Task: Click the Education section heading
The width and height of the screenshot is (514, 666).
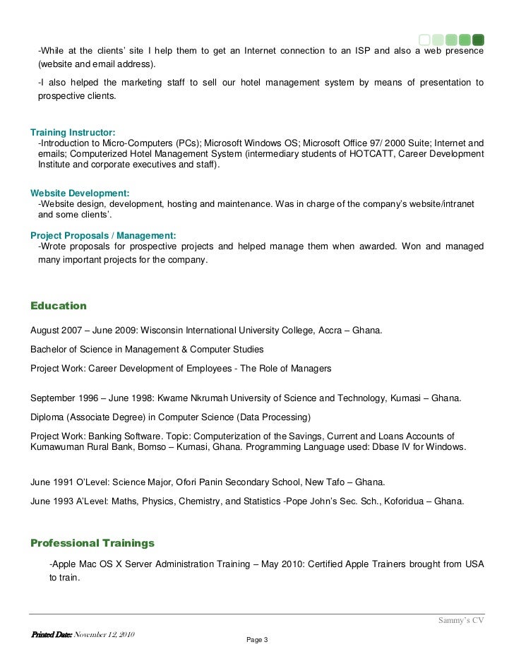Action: [59, 306]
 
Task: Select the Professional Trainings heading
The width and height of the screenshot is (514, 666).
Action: [92, 543]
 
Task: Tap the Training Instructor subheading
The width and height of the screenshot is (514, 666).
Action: [73, 132]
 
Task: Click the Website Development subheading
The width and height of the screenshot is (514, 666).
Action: [80, 193]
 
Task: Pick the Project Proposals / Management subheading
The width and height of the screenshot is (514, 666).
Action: [103, 235]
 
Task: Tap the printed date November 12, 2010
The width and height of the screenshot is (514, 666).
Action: [104, 633]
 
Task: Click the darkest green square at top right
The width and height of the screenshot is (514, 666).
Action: [478, 39]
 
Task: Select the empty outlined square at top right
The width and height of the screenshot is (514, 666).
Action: [424, 39]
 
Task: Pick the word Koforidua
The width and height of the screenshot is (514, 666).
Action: [399, 502]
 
